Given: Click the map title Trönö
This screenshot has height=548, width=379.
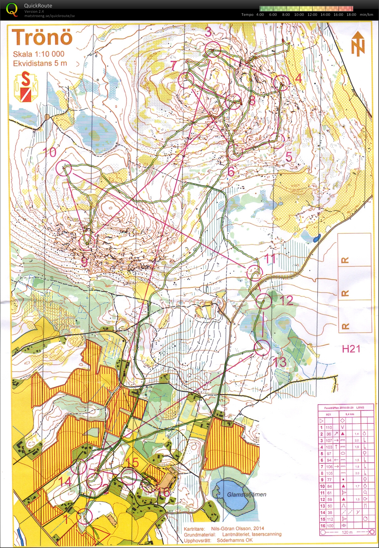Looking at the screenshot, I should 42,37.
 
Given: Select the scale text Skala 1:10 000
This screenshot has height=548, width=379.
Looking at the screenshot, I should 38,54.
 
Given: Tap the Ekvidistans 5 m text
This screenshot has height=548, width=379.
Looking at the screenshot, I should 40,63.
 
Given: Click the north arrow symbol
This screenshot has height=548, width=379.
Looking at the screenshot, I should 358,44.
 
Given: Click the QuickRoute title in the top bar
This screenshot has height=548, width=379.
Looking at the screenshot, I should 38,6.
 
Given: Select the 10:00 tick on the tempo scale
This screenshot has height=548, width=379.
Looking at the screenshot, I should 299,15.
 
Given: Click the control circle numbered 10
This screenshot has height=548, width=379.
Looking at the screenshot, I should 64,168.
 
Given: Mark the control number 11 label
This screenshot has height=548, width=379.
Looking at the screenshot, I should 271,259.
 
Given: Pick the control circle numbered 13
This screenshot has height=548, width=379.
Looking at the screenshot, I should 262,348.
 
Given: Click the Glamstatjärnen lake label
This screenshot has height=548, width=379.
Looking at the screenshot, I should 246,494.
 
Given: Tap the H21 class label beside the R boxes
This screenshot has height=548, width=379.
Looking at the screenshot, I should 351,349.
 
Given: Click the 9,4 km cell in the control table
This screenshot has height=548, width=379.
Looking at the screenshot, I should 350,414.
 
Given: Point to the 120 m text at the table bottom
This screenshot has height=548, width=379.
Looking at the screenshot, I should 347,532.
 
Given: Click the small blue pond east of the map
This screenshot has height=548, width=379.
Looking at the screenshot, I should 316,239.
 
